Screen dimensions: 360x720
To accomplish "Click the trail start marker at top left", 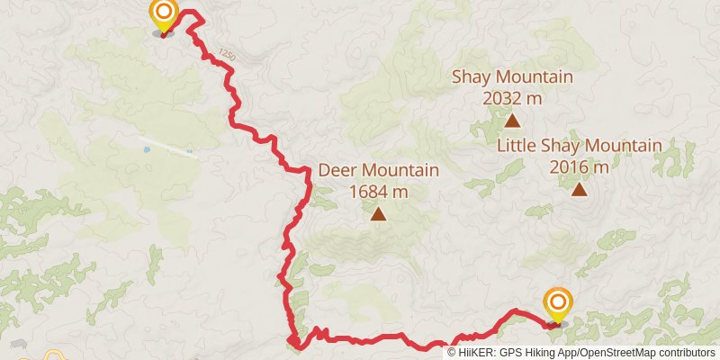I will pos(163,13).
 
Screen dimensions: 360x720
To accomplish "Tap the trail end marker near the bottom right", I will pos(558,302).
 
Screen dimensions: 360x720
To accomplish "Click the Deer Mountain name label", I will pos(378,170).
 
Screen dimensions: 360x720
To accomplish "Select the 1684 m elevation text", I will pos(378,191).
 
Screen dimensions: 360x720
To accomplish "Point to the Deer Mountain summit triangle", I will pos(379,214).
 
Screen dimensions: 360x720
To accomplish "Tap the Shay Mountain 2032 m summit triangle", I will pos(512,120).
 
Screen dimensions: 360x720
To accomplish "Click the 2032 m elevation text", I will pos(512,97).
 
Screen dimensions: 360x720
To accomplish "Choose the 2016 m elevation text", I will pos(579,166).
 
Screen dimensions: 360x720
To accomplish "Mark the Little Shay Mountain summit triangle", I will pos(579,189).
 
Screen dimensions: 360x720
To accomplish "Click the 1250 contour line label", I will pos(227,56).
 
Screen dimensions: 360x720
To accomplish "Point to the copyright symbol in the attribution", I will pos(453,352).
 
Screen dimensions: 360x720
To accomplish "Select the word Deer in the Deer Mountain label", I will pos(337,170).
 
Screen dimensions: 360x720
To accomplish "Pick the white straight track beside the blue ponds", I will pos(171,148).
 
